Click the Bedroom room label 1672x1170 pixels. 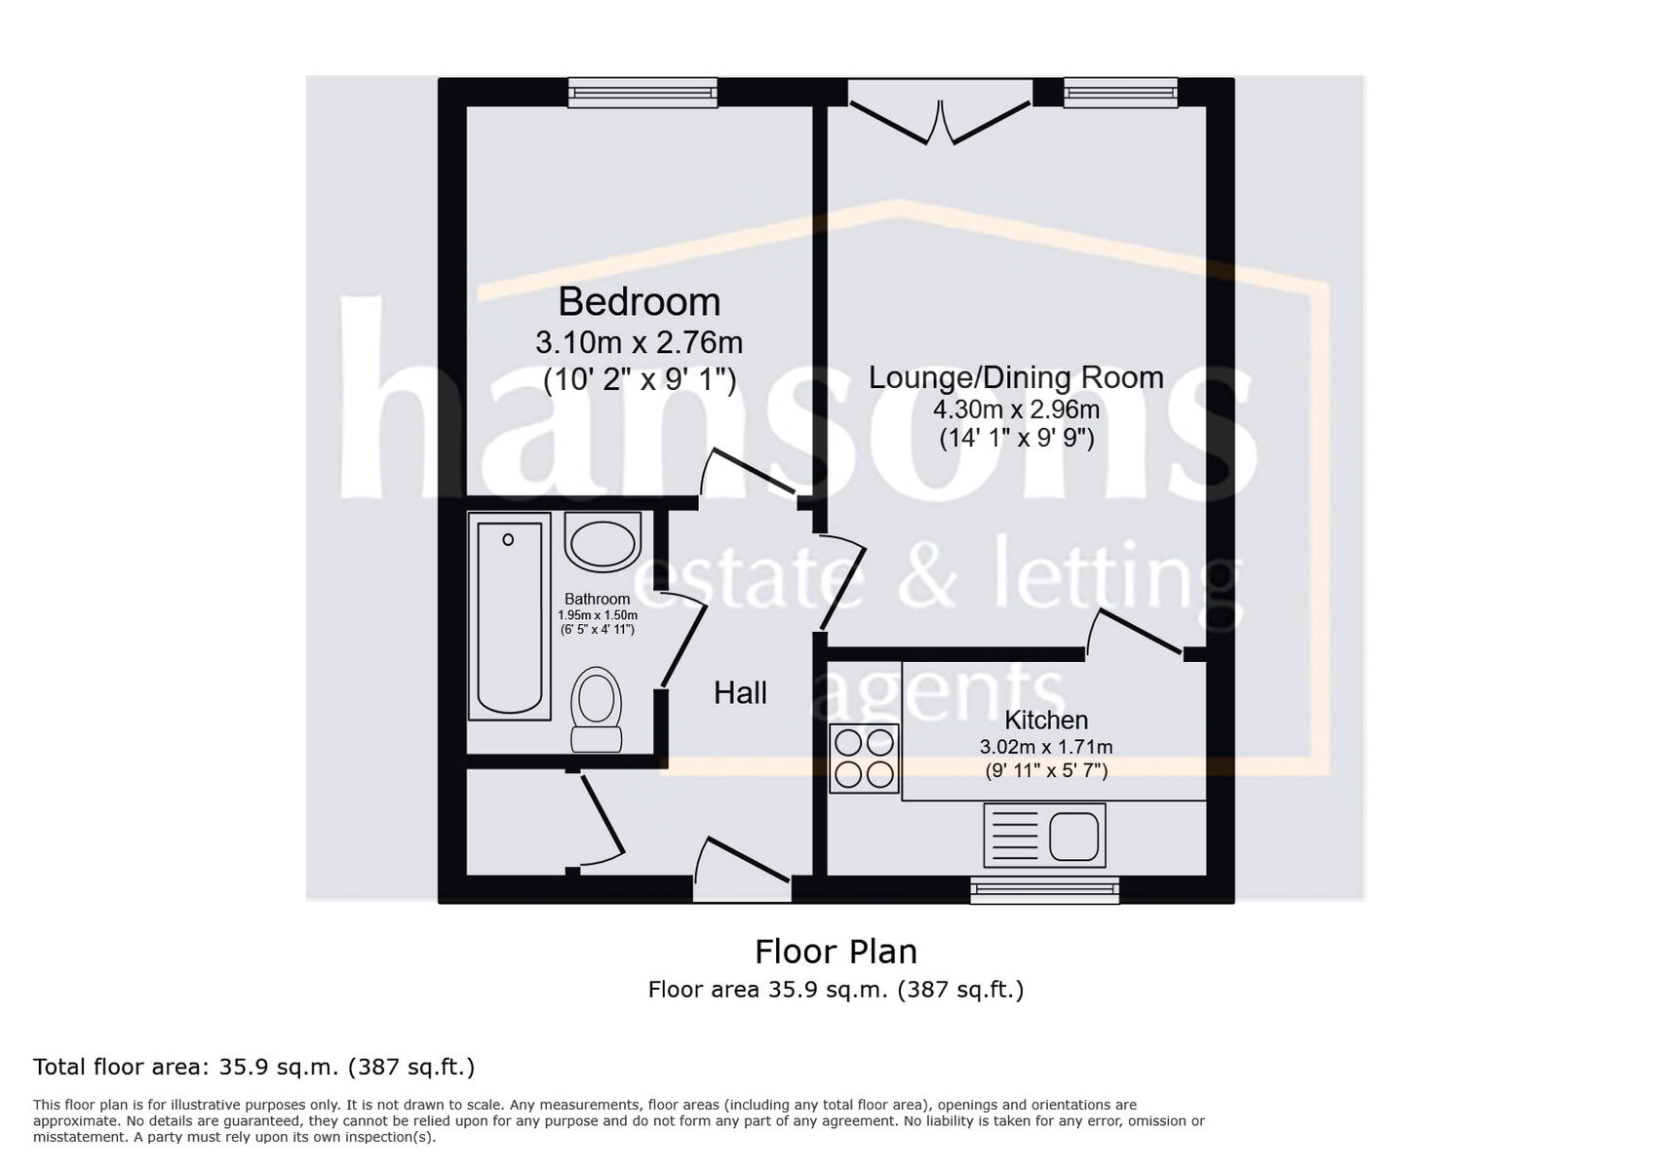pyautogui.click(x=639, y=302)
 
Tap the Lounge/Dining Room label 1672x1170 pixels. pyautogui.click(x=1016, y=377)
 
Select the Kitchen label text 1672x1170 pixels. pyautogui.click(x=1046, y=721)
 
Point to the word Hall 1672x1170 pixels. pyautogui.click(x=740, y=693)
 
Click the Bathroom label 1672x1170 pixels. pyautogui.click(x=597, y=600)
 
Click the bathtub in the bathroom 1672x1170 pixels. pyautogui.click(x=509, y=617)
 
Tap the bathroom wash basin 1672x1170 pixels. pyautogui.click(x=603, y=542)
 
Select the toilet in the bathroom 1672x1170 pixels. pyautogui.click(x=596, y=709)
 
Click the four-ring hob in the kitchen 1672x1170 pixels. pyautogui.click(x=864, y=758)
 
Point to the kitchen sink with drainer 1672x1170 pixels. pyautogui.click(x=1045, y=836)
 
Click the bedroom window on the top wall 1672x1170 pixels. pyautogui.click(x=643, y=93)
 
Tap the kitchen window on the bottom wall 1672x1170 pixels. pyautogui.click(x=1044, y=889)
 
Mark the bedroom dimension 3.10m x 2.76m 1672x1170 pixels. pyautogui.click(x=639, y=343)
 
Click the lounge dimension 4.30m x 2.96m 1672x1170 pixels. pyautogui.click(x=1016, y=409)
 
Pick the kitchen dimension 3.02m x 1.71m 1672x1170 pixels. pyautogui.click(x=1046, y=748)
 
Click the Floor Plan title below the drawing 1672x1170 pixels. pyautogui.click(x=836, y=952)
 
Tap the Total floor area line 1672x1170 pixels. pyautogui.click(x=253, y=1067)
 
